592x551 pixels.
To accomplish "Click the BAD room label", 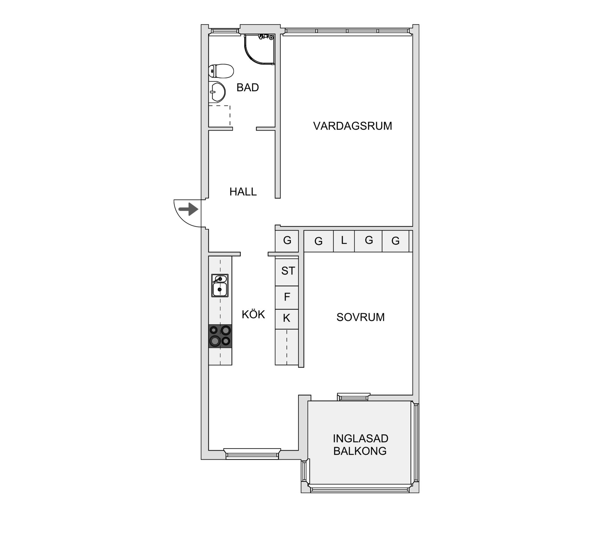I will pyautogui.click(x=247, y=88).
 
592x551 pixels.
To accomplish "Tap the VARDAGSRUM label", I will pyautogui.click(x=352, y=126).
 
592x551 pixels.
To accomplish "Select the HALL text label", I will pyautogui.click(x=243, y=192).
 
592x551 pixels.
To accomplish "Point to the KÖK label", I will pyautogui.click(x=253, y=315).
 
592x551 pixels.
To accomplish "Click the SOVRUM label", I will pyautogui.click(x=360, y=317).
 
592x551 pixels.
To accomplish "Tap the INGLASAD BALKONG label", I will pyautogui.click(x=360, y=445).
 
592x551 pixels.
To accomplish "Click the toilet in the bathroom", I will pyautogui.click(x=221, y=71).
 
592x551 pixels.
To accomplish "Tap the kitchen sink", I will pyautogui.click(x=220, y=286).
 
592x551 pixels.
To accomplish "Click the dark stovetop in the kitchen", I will pyautogui.click(x=220, y=336).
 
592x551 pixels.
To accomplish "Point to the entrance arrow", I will pyautogui.click(x=188, y=209).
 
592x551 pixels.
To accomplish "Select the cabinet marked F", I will pyautogui.click(x=287, y=297).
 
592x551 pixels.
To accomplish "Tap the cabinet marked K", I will pyautogui.click(x=287, y=318).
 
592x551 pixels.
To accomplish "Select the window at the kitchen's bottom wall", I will pyautogui.click(x=252, y=454).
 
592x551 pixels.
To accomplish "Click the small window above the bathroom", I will pyautogui.click(x=224, y=31).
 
